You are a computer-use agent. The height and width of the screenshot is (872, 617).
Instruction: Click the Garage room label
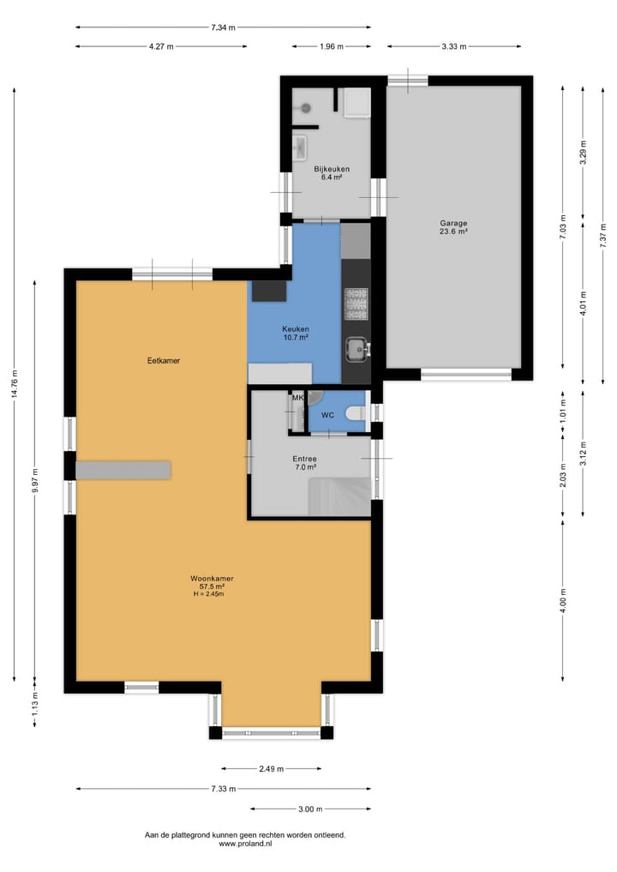(454, 223)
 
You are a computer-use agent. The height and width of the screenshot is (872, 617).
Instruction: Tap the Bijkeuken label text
(332, 169)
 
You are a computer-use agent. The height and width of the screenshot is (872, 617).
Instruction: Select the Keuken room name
(295, 328)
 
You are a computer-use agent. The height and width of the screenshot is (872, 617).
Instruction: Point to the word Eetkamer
(164, 360)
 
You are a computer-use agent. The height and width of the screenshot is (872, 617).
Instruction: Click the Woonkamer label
(212, 579)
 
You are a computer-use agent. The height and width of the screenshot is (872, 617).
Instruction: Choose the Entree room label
(304, 459)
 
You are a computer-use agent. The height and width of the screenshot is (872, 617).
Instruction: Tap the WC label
(327, 415)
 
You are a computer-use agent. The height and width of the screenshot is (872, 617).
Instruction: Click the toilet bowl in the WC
(355, 413)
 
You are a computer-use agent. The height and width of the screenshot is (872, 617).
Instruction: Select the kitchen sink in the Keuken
(356, 349)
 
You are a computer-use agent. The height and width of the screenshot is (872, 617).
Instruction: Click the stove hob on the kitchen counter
(356, 304)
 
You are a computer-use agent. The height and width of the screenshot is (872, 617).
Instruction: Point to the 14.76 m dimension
(15, 383)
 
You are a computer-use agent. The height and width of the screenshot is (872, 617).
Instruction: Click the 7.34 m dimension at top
(223, 27)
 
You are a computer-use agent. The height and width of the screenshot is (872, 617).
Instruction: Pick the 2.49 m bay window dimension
(272, 769)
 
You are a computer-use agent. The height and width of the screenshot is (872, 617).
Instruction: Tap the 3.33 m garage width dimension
(454, 46)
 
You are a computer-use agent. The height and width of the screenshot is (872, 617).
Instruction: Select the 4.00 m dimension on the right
(562, 600)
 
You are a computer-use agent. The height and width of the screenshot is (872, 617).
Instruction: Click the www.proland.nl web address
(245, 843)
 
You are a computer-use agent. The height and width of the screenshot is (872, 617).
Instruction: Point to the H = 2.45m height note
(208, 594)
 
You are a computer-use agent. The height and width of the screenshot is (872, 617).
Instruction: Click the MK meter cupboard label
(298, 398)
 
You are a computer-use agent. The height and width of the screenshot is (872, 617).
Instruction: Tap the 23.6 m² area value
(453, 232)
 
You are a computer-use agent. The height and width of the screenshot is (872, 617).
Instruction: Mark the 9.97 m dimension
(34, 482)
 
